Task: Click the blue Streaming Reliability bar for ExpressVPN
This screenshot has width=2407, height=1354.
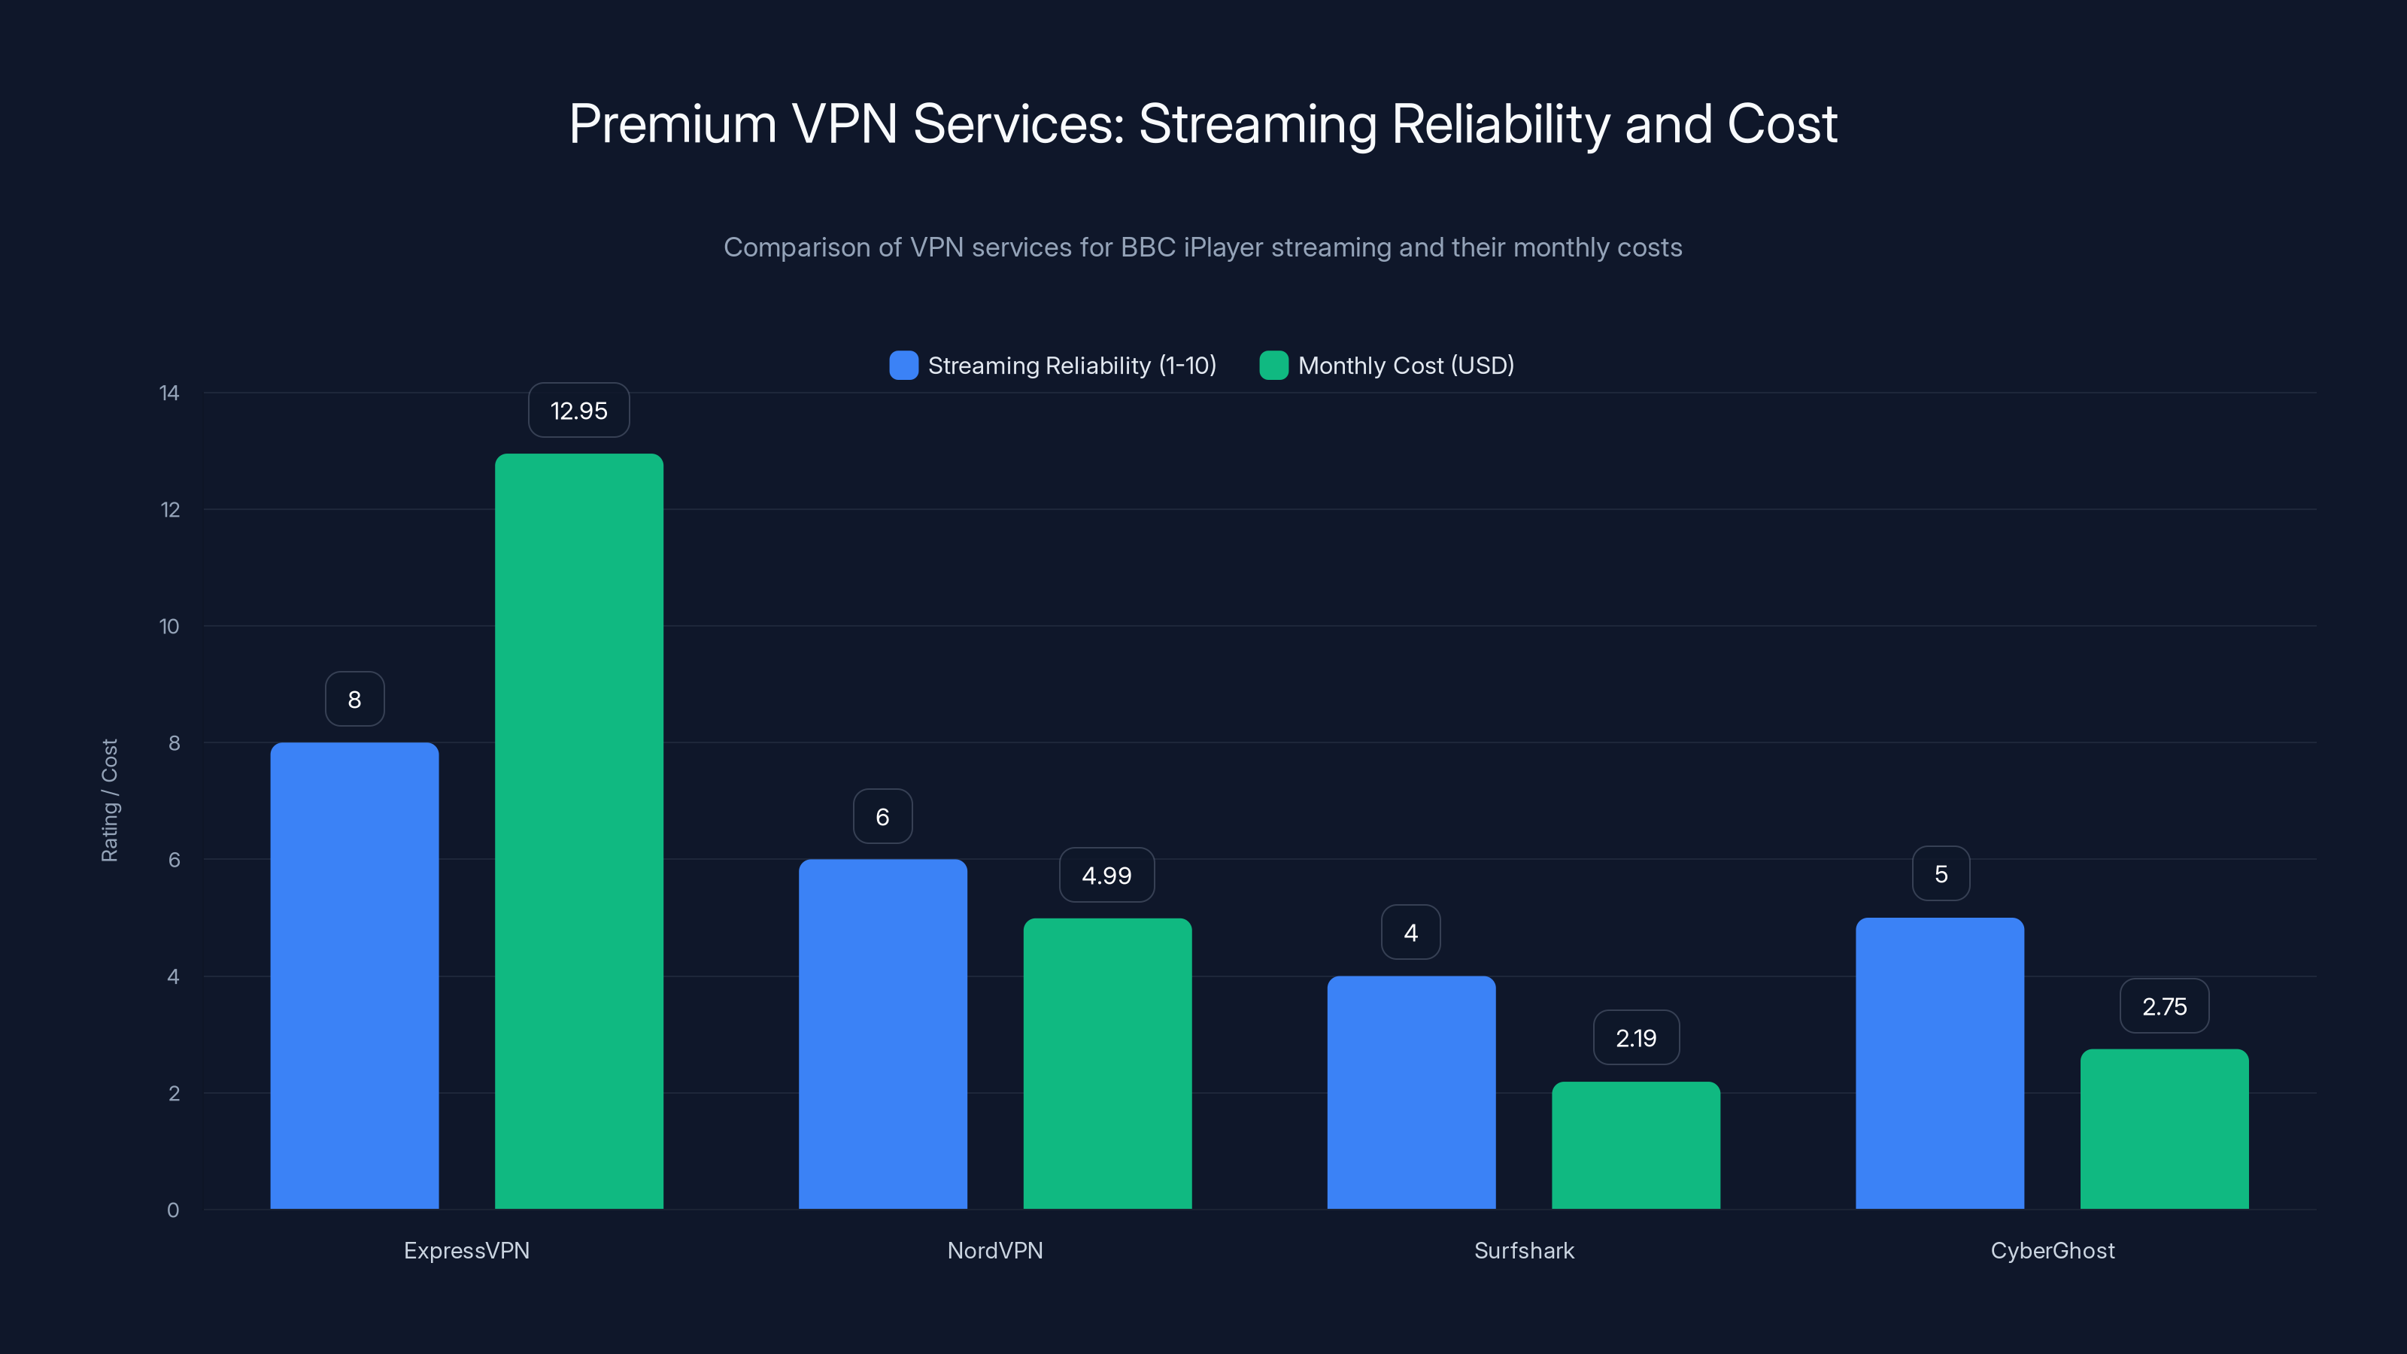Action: click(x=354, y=976)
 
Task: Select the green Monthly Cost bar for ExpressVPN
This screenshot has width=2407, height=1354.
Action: click(x=578, y=832)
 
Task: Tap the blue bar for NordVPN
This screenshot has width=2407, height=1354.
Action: click(x=882, y=1034)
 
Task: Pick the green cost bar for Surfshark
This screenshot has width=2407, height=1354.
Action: click(x=1635, y=1145)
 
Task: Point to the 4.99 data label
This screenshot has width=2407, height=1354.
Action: click(x=1106, y=875)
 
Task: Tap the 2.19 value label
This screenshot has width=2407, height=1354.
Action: click(x=1635, y=1037)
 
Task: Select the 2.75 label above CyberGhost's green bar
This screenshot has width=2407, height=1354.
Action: click(x=2163, y=1006)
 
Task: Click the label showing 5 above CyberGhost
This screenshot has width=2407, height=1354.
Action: click(x=1940, y=873)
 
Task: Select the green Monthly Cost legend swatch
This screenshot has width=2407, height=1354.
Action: click(x=1273, y=366)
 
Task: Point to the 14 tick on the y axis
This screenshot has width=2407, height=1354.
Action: click(x=169, y=393)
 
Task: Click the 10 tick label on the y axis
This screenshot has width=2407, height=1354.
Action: click(x=169, y=626)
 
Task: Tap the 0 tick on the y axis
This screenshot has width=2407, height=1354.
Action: click(x=173, y=1210)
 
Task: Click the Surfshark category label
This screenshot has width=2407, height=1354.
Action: click(x=1523, y=1250)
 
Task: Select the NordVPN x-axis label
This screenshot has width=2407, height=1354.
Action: click(x=994, y=1250)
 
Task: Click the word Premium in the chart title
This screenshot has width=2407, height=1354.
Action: click(x=672, y=124)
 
